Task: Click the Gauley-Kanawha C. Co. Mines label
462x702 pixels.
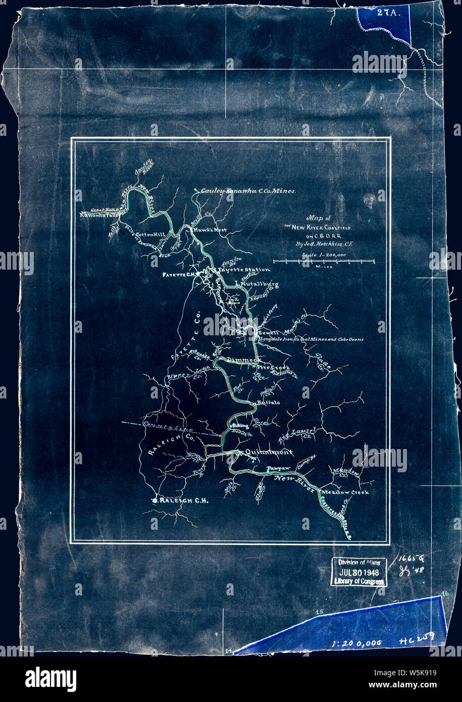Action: tap(248, 191)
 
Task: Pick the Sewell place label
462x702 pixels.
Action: tap(268, 334)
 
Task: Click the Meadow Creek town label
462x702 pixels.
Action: tap(345, 492)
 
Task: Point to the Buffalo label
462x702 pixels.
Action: tap(268, 403)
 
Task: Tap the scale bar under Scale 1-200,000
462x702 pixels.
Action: tap(323, 261)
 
